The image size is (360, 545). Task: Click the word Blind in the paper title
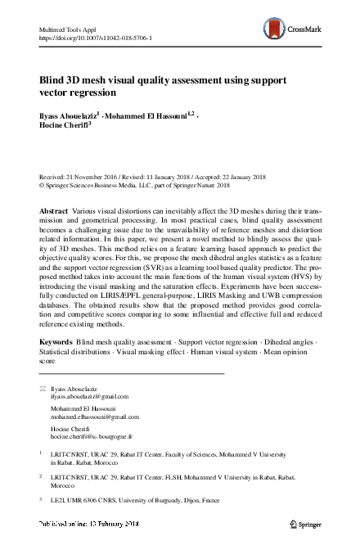click(x=53, y=82)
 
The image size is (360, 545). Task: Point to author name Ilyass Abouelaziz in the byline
click(x=68, y=116)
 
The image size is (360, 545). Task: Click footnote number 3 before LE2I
click(x=41, y=498)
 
